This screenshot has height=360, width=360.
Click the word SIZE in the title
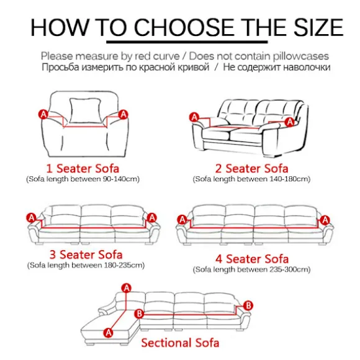click(x=318, y=27)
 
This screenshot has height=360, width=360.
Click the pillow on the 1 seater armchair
click(x=86, y=110)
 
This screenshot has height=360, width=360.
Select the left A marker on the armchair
click(x=43, y=114)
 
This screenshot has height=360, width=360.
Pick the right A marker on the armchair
click(x=124, y=114)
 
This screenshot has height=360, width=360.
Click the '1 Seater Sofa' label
click(x=83, y=169)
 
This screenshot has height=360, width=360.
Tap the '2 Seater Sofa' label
click(x=251, y=169)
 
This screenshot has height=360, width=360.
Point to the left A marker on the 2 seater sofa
click(x=194, y=117)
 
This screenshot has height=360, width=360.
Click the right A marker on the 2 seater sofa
click(x=289, y=122)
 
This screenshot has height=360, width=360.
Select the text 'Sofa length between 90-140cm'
click(x=83, y=179)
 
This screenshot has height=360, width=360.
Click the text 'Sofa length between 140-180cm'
click(x=251, y=179)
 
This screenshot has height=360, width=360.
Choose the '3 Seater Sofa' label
click(x=86, y=254)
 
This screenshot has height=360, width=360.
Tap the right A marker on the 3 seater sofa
click(x=152, y=218)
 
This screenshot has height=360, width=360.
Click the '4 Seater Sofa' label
click(x=251, y=259)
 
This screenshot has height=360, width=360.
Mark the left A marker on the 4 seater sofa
click(x=182, y=220)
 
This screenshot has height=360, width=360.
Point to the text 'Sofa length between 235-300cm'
click(x=251, y=269)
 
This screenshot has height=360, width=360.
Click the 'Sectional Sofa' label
click(x=180, y=343)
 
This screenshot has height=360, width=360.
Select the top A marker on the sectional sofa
click(x=127, y=288)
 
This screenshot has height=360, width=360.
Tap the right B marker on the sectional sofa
click(x=248, y=305)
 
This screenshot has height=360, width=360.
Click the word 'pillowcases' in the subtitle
click(x=301, y=56)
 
